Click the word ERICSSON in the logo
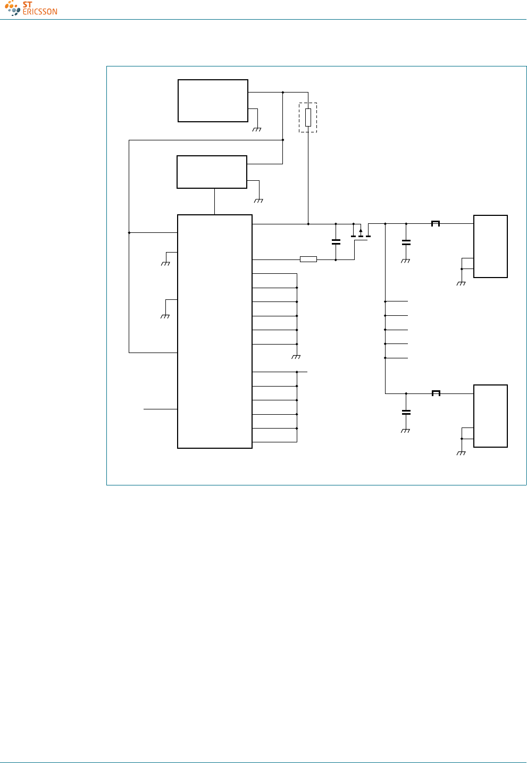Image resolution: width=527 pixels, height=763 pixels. point(40,12)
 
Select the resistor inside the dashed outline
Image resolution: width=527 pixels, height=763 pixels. point(308,117)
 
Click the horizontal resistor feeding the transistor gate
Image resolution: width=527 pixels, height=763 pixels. point(308,259)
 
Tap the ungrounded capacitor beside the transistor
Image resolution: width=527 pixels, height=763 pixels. point(336,242)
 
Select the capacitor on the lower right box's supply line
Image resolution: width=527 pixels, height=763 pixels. point(406,412)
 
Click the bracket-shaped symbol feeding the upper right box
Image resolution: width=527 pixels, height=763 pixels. point(436,223)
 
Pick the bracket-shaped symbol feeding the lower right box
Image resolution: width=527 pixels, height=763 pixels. point(436,393)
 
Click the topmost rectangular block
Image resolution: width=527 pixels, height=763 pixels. point(213,101)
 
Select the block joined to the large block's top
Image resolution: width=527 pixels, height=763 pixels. point(212,172)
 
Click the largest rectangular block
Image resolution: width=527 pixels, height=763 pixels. point(214,331)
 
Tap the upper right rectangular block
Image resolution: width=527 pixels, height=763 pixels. point(490,246)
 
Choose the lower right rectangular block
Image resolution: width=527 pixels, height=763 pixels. point(490,416)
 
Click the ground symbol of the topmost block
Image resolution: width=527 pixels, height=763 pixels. point(257,129)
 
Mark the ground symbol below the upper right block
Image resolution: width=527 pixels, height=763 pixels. point(461,283)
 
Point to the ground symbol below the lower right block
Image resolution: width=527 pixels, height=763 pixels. point(461,453)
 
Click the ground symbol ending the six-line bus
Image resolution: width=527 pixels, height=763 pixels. point(297,357)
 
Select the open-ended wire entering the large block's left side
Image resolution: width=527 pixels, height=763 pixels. point(160,409)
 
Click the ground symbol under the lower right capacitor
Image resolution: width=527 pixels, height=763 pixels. point(406,431)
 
